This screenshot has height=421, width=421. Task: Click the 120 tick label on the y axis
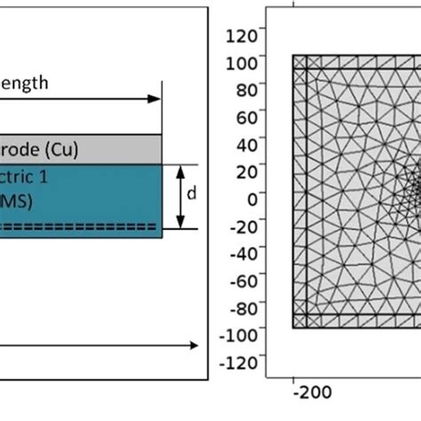coord(243,36)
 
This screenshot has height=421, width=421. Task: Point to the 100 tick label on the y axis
coord(243,63)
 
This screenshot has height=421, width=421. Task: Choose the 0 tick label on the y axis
coord(250,199)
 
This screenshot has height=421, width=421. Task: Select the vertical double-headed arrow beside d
coord(182,197)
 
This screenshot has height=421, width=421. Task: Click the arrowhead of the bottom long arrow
coord(191,345)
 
